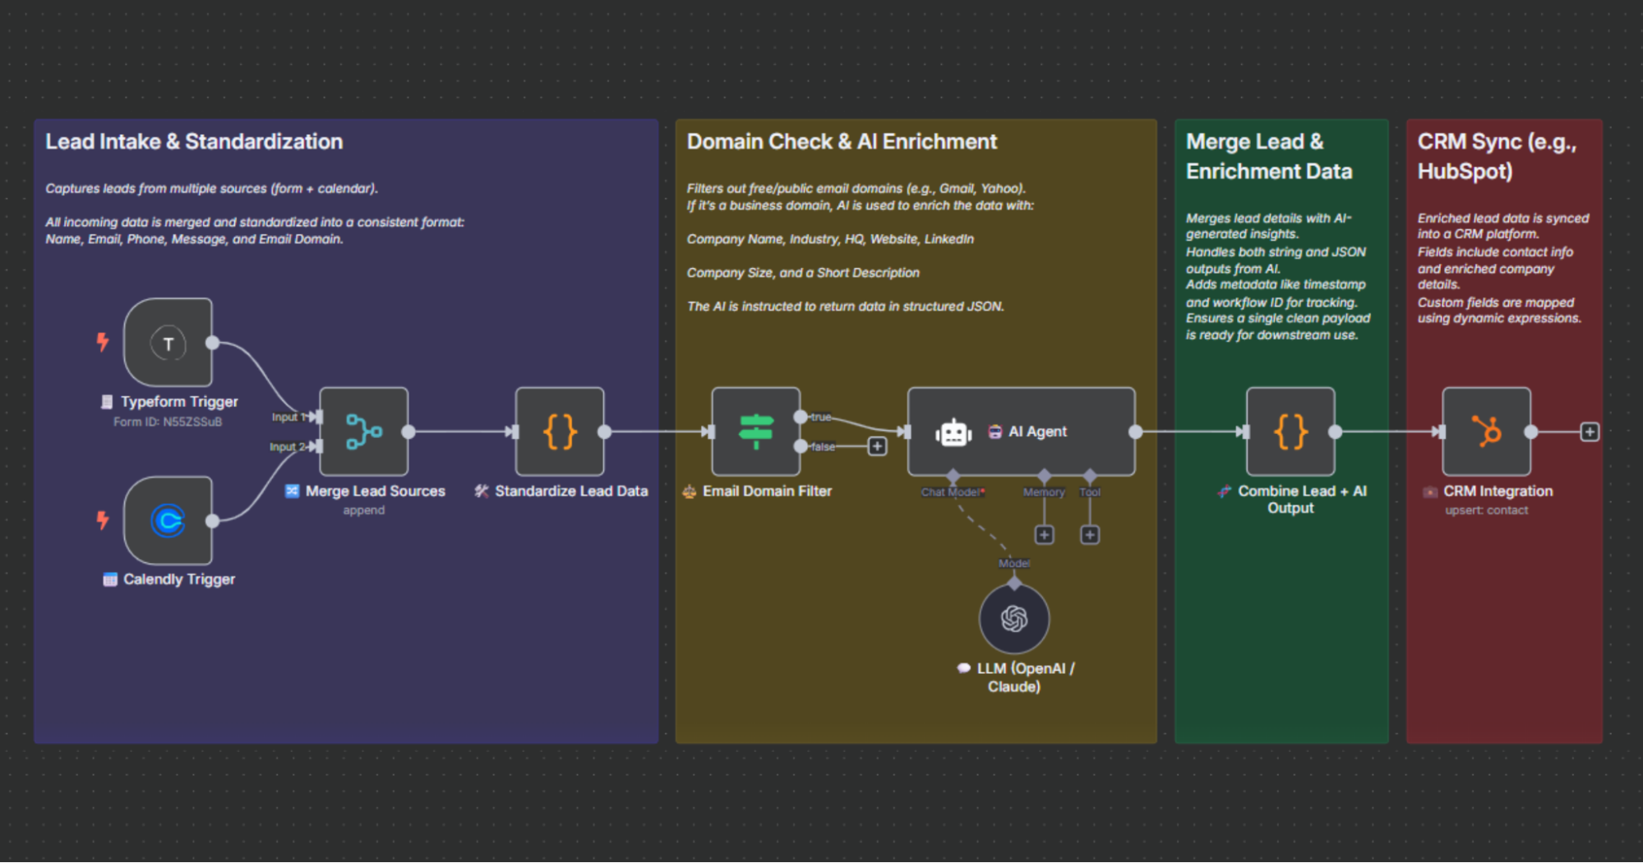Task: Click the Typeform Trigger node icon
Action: [168, 344]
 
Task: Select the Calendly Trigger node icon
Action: [168, 521]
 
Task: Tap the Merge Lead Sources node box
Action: [363, 431]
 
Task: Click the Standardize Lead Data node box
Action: [560, 431]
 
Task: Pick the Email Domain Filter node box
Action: [755, 431]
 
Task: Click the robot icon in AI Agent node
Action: [953, 432]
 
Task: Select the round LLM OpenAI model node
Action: [1014, 619]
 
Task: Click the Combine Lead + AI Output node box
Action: [1290, 431]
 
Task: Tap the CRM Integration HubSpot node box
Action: [1486, 431]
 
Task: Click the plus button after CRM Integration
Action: [1590, 431]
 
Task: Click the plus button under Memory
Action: [1044, 535]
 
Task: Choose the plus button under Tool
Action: [1090, 535]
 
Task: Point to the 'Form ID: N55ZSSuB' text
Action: [168, 422]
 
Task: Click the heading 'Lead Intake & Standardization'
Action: [194, 141]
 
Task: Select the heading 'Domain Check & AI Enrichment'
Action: [842, 141]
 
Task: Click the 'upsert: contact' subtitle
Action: [1486, 510]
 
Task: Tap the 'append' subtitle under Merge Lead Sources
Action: [363, 510]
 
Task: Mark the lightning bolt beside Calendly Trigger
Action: [102, 519]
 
